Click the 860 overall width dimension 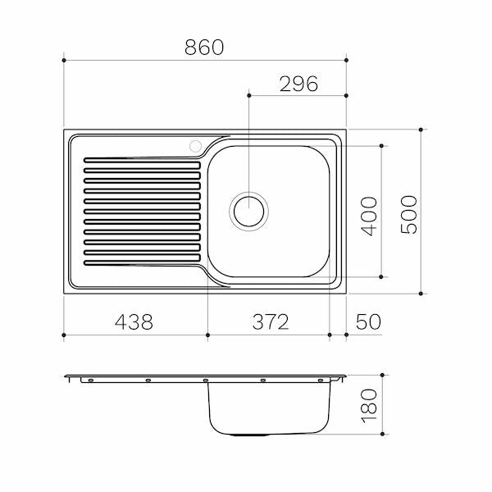pos(204,48)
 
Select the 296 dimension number pos(298,84)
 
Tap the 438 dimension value pos(134,321)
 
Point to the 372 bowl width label pos(271,321)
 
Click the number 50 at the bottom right pos(368,321)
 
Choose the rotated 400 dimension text pos(369,216)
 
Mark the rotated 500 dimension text pos(409,215)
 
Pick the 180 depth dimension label pos(369,406)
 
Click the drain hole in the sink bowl pos(248,212)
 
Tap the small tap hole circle pos(195,146)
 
